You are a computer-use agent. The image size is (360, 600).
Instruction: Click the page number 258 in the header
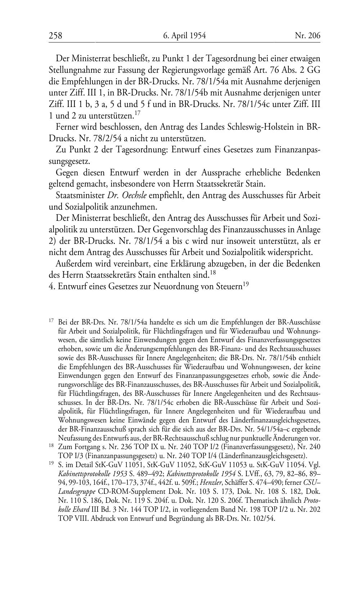(x=55, y=36)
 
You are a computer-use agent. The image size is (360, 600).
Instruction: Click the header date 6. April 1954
(x=184, y=36)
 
